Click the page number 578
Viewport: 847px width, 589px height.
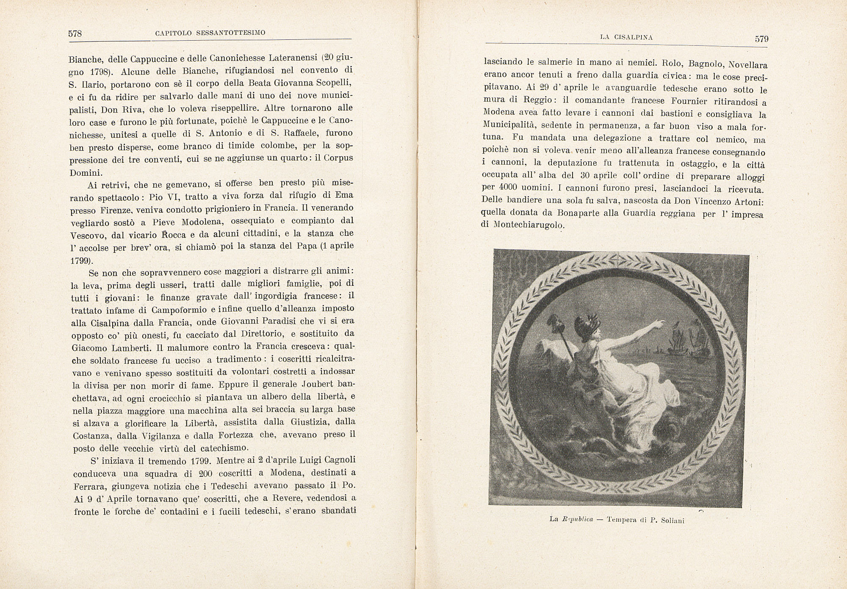pyautogui.click(x=75, y=34)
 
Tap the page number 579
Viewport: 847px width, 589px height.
pyautogui.click(x=761, y=39)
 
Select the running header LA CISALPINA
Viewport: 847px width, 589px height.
pyautogui.click(x=626, y=37)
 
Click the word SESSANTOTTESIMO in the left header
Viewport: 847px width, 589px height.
pyautogui.click(x=231, y=33)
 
